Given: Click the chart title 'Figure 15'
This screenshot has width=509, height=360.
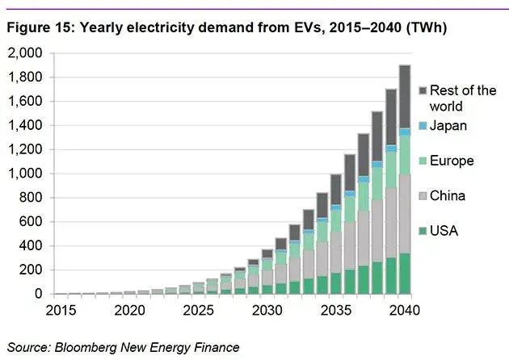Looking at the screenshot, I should [36, 28].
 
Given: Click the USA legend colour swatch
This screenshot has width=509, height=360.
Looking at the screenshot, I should [423, 232].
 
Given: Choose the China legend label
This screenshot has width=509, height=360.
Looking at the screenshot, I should [448, 196].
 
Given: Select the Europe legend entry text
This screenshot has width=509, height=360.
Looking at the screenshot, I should [452, 161].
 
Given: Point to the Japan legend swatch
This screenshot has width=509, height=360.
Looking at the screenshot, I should [423, 126].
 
